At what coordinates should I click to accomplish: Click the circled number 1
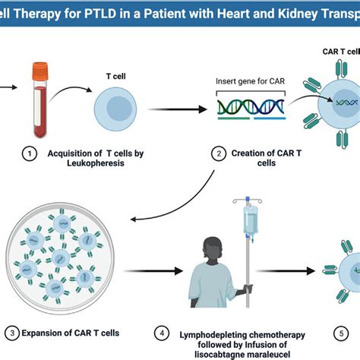[29, 154]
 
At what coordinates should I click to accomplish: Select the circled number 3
[10, 333]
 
